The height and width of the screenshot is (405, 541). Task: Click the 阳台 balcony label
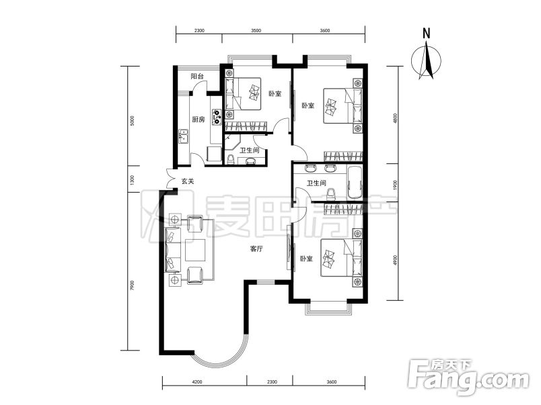click(x=197, y=77)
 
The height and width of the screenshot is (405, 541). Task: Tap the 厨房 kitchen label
click(x=199, y=120)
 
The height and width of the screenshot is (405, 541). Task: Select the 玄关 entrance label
click(x=188, y=181)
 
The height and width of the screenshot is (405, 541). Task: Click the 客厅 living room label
click(x=256, y=249)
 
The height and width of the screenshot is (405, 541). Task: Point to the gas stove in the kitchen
click(x=217, y=117)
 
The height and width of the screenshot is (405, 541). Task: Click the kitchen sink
click(x=183, y=136)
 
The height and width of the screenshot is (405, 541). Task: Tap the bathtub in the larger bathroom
click(x=355, y=183)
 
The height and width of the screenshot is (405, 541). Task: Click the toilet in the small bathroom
click(x=231, y=159)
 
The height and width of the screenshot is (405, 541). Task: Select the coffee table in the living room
click(x=195, y=250)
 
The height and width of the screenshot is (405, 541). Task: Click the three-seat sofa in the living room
click(x=174, y=250)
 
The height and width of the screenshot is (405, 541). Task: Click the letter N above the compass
click(x=427, y=34)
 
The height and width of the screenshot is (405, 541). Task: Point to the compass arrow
click(x=427, y=60)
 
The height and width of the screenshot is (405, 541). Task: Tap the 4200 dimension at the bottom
click(x=196, y=382)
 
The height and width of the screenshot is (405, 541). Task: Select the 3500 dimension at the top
click(x=256, y=30)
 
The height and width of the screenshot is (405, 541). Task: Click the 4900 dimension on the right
click(x=396, y=261)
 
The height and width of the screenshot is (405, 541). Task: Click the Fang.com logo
click(x=468, y=377)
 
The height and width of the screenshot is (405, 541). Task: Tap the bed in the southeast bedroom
click(x=342, y=258)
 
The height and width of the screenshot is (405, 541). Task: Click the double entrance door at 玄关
click(x=170, y=179)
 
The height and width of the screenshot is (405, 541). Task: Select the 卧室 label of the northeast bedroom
click(x=308, y=105)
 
